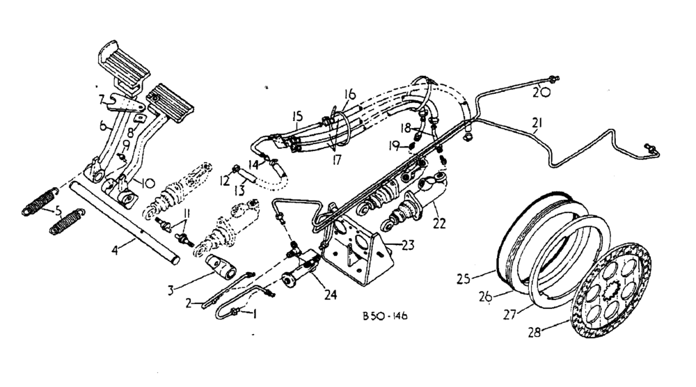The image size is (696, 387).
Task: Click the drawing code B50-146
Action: [384, 315]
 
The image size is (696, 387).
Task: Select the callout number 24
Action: [330, 295]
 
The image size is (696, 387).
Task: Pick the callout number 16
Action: [348, 93]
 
